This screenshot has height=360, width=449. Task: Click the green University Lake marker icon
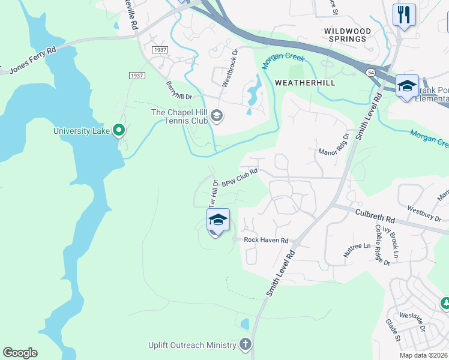click(x=119, y=130)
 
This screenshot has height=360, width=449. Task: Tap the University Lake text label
click(x=82, y=131)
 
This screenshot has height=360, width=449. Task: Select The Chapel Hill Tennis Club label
click(x=179, y=116)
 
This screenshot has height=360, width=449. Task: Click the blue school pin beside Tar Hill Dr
click(x=218, y=220)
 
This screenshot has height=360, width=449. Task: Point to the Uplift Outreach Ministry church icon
click(x=245, y=344)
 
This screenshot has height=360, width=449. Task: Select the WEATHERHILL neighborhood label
click(x=304, y=82)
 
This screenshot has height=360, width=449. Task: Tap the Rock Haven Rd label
click(x=266, y=240)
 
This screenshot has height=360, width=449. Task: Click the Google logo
click(x=20, y=353)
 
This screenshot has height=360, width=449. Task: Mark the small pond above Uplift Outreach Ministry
click(x=244, y=324)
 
